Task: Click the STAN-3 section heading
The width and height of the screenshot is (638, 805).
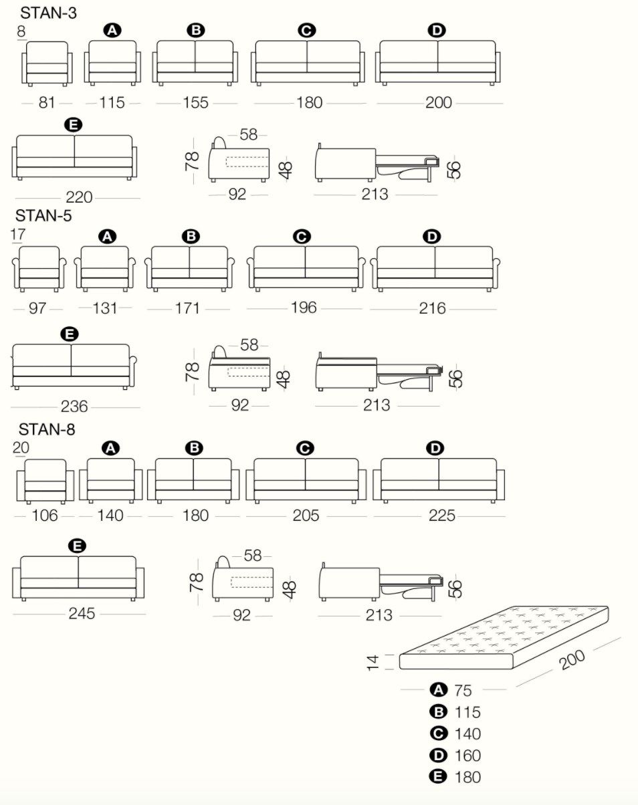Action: (x=48, y=13)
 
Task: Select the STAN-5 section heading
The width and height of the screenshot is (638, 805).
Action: (x=43, y=216)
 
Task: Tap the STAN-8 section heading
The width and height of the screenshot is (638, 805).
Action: (x=47, y=429)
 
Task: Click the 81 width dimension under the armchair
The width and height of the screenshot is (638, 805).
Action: (x=46, y=103)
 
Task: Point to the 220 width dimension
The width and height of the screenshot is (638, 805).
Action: (x=79, y=198)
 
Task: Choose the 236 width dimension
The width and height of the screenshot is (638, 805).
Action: (x=74, y=407)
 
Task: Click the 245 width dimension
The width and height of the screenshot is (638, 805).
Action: (x=82, y=614)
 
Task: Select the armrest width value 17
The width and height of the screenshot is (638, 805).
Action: (x=19, y=234)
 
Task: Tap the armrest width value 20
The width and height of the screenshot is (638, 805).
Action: (x=21, y=448)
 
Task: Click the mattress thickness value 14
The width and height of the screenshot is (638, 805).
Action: (x=373, y=662)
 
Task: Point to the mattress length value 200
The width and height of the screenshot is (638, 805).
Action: (x=572, y=659)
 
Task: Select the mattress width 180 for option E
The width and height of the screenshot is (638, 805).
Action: (x=467, y=777)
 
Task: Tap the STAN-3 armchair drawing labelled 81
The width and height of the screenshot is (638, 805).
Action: (x=47, y=64)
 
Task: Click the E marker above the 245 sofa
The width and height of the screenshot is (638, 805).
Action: (x=78, y=546)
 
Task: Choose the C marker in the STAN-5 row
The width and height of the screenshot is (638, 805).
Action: (x=302, y=237)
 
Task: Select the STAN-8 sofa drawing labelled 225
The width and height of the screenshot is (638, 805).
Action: (x=439, y=480)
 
